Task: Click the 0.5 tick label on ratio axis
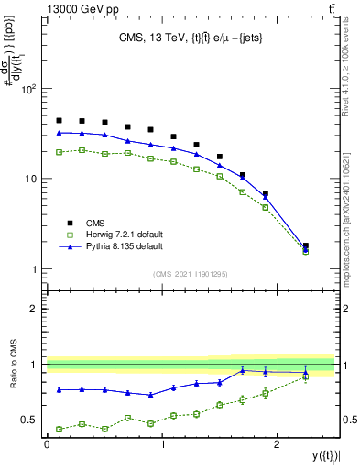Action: [28, 420]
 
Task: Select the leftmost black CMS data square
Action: [59, 121]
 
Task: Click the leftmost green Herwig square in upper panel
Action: [59, 152]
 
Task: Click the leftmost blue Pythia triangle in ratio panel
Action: [59, 390]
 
